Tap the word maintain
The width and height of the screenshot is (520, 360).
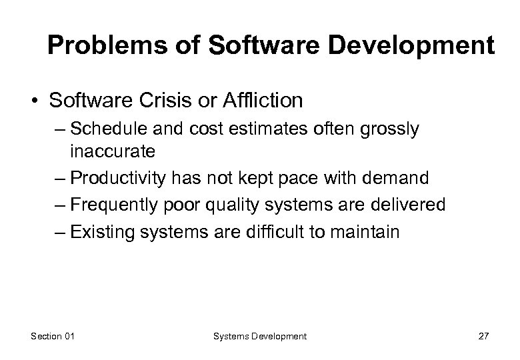click(367, 232)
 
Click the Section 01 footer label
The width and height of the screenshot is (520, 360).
click(53, 337)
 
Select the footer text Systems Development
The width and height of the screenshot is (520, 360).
click(260, 337)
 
